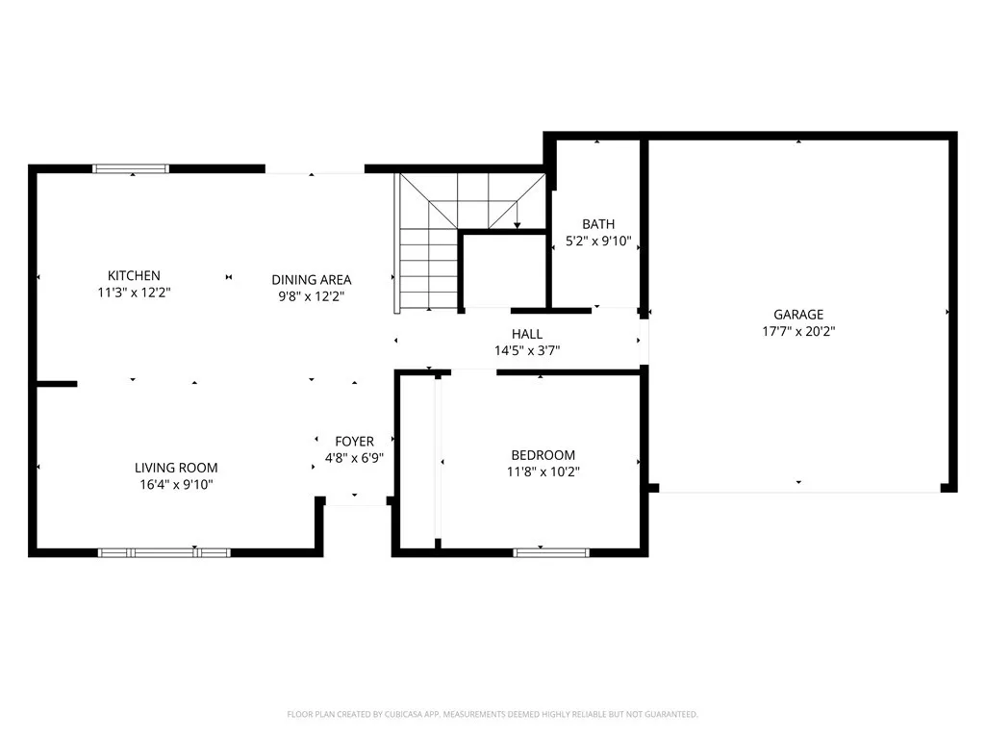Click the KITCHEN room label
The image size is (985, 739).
pos(134,275)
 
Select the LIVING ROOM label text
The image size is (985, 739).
pos(176,468)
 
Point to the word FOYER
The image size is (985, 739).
pos(354,442)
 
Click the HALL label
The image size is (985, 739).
pos(527,334)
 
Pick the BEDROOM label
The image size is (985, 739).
pos(543,455)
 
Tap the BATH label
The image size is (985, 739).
pos(597,224)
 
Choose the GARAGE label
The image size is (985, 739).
pos(798,314)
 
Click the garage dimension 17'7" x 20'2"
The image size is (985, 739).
pos(798,331)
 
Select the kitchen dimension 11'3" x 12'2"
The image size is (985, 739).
pos(134,293)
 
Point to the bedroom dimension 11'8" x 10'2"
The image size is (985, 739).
pos(543,471)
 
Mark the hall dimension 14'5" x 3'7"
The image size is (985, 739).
pos(527,351)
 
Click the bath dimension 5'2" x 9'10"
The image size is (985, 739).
pos(597,242)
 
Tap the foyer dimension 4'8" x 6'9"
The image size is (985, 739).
pos(354,458)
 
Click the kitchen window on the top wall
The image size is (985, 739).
pos(131,168)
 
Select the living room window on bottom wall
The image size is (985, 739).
pos(164,552)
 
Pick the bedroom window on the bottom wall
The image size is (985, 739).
pos(551,552)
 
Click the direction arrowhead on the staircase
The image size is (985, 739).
pos(518,225)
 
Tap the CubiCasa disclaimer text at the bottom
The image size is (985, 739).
pos(492,714)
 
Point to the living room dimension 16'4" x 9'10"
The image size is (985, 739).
pos(176,485)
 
